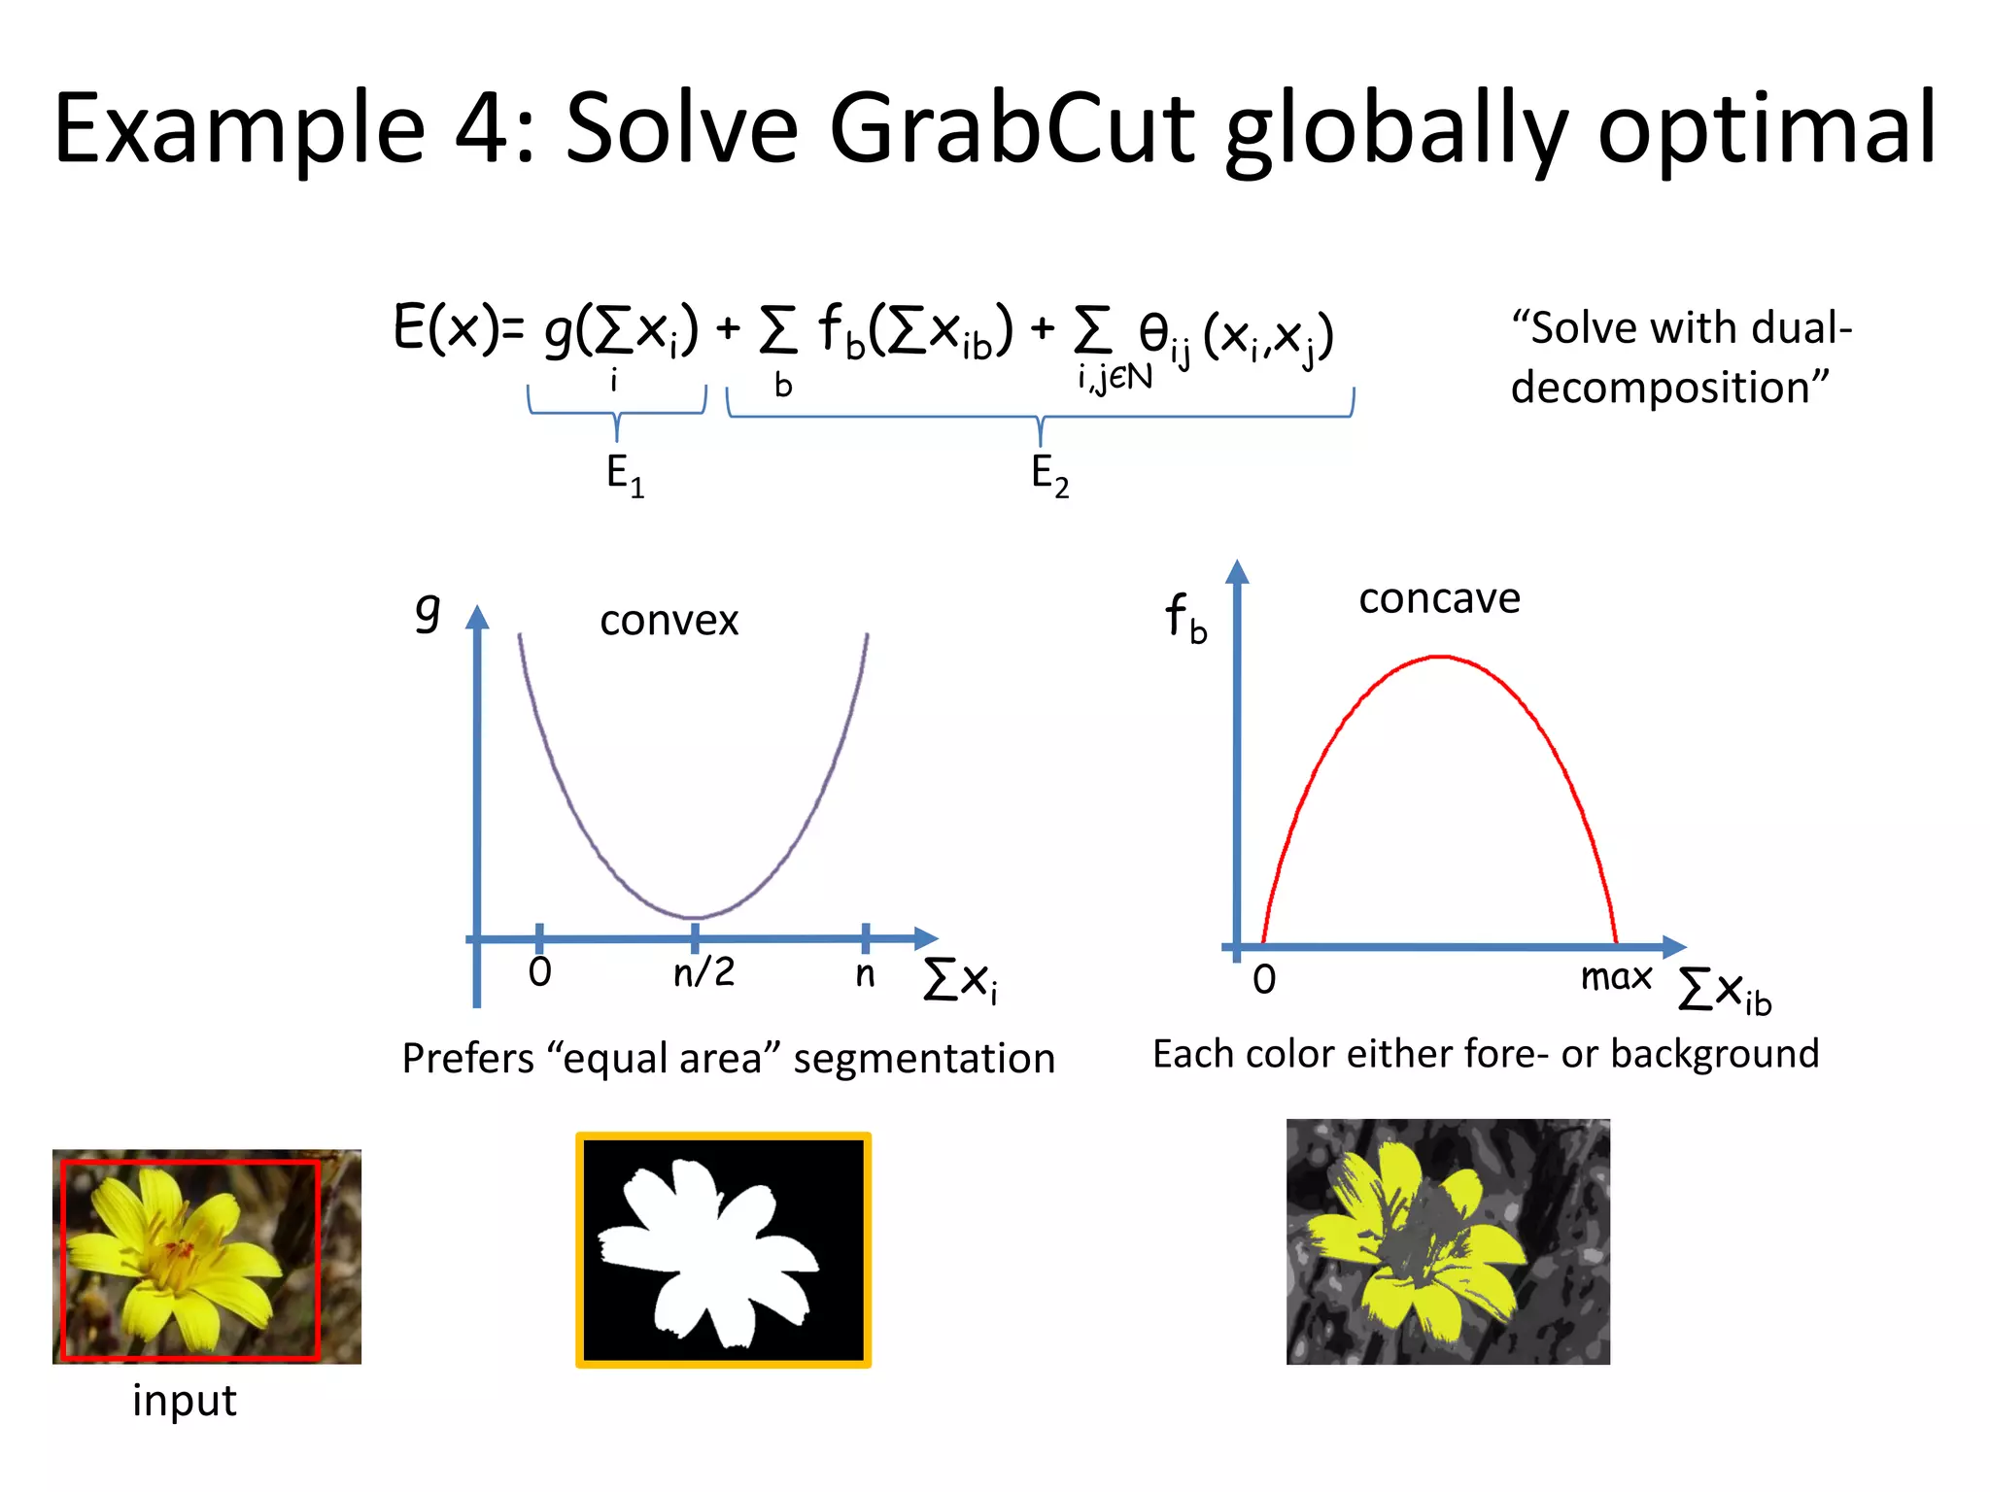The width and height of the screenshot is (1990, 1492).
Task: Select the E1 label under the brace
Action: point(624,476)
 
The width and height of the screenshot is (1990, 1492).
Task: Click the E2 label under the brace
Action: point(1049,476)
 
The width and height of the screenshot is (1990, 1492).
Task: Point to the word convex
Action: point(669,620)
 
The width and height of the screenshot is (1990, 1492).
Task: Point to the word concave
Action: point(1439,598)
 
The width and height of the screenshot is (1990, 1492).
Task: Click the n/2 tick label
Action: point(703,971)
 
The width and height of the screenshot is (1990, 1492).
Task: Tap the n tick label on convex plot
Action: point(865,973)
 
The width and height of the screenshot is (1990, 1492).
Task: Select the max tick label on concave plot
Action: point(1616,976)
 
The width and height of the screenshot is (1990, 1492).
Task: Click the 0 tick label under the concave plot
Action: point(1264,979)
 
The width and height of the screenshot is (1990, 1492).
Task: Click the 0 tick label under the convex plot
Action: point(539,971)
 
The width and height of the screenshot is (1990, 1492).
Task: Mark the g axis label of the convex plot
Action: point(428,611)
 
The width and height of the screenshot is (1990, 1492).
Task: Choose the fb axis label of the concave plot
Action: point(1185,618)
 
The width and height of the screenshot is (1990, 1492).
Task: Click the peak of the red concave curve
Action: point(1440,658)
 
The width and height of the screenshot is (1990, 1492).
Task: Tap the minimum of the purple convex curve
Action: point(694,917)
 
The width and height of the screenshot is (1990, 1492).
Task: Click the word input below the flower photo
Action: point(185,1401)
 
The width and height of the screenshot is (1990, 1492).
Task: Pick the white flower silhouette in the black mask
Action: point(714,1253)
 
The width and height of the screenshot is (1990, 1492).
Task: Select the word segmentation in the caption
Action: point(924,1059)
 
